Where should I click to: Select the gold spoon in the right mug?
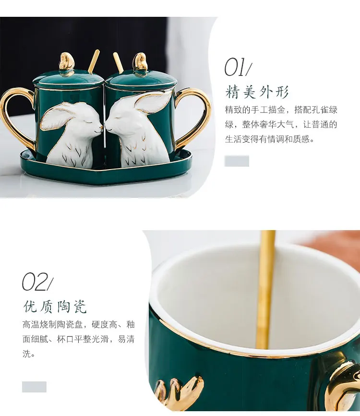118,62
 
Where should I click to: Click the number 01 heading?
238,68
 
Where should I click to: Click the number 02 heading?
37,282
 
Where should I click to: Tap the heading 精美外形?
257,92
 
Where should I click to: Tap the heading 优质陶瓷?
55,306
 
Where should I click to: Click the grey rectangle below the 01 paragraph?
237,161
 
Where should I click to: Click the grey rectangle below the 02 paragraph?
34,387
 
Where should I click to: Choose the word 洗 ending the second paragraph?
27,354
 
